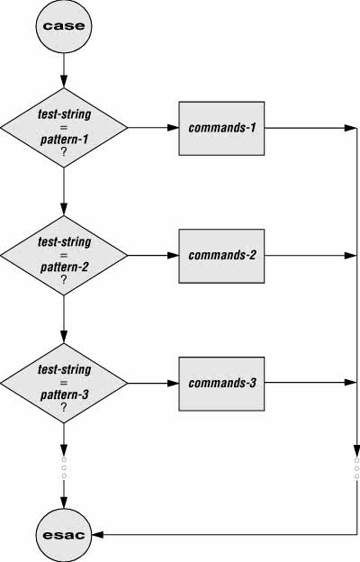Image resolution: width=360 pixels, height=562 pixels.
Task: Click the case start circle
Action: pyautogui.click(x=64, y=26)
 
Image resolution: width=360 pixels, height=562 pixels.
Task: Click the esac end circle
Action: pyautogui.click(x=64, y=534)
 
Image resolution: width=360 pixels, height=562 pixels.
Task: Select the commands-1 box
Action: pyautogui.click(x=221, y=128)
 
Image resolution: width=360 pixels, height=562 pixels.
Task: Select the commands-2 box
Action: pyautogui.click(x=221, y=256)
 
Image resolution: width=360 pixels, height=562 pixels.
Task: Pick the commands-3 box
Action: pyautogui.click(x=221, y=384)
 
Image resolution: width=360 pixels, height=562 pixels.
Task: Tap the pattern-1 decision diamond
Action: pyautogui.click(x=64, y=128)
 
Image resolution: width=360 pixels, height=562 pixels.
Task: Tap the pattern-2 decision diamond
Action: pyautogui.click(x=64, y=256)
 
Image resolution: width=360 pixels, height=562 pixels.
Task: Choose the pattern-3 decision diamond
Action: pyautogui.click(x=64, y=383)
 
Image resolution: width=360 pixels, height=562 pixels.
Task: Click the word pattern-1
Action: pyautogui.click(x=64, y=140)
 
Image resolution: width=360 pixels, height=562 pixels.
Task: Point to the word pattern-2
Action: pyautogui.click(x=64, y=267)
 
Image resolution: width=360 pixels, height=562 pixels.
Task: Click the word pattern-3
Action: pyautogui.click(x=64, y=395)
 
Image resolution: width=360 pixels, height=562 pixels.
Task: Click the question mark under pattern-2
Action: pyautogui.click(x=64, y=279)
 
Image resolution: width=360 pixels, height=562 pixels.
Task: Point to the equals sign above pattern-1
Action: pyautogui.click(x=64, y=127)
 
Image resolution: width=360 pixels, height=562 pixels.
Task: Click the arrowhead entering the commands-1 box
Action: pyautogui.click(x=174, y=128)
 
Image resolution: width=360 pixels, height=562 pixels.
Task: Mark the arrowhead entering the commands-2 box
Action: pyautogui.click(x=174, y=256)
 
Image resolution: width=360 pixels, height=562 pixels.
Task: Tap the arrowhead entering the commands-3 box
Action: pyautogui.click(x=174, y=383)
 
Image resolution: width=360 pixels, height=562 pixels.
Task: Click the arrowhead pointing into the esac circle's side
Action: pyautogui.click(x=98, y=535)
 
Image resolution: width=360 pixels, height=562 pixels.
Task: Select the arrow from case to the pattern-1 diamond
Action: pyautogui.click(x=64, y=70)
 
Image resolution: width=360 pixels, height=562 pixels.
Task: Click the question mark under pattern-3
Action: pyautogui.click(x=64, y=407)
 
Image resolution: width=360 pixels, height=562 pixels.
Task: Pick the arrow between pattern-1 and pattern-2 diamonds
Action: pyautogui.click(x=64, y=192)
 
